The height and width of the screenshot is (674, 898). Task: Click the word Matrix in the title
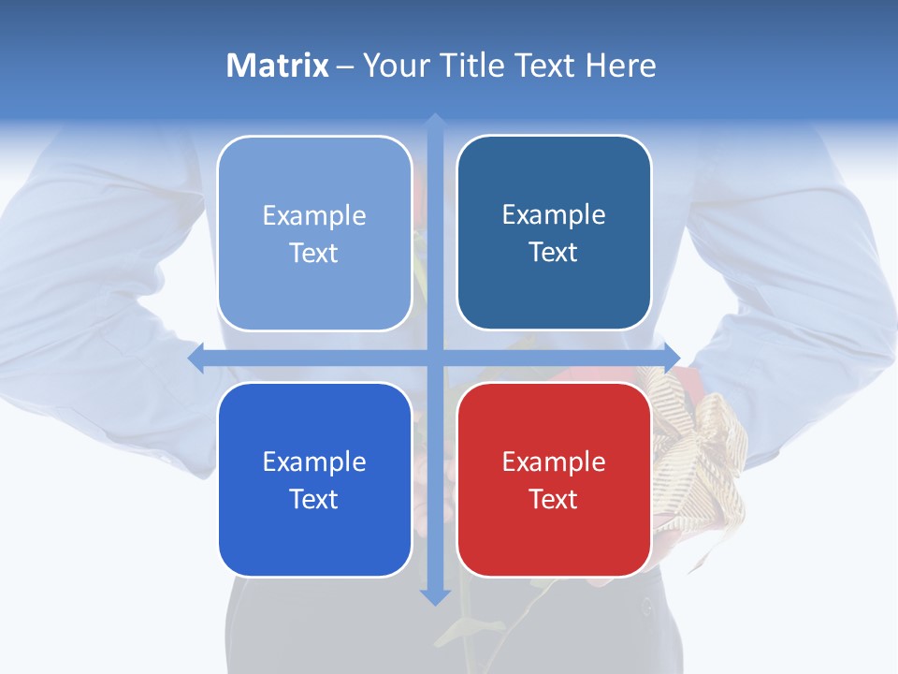[x=278, y=66]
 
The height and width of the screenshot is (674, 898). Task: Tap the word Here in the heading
[x=621, y=66]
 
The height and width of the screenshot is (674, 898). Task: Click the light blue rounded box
[x=314, y=233]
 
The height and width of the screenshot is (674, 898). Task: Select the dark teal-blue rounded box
[x=554, y=232]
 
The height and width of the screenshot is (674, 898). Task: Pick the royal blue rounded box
[x=314, y=479]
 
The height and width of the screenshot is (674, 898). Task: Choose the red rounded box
[x=554, y=479]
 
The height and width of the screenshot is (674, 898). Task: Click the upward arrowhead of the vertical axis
[x=435, y=122]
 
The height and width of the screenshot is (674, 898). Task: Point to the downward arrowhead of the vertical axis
[x=435, y=596]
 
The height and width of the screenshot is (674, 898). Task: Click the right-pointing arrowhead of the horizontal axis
[x=672, y=358]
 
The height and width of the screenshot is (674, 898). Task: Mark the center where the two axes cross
[x=435, y=358]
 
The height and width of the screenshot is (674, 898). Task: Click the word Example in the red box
[x=554, y=462]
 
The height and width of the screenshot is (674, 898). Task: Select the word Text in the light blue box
[x=314, y=253]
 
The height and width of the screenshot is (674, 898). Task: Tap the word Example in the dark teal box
[x=554, y=214]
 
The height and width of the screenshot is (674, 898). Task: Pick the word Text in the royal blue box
[x=314, y=499]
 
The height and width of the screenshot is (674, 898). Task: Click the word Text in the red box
[x=554, y=499]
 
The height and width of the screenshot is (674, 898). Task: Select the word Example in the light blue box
[x=314, y=215]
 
